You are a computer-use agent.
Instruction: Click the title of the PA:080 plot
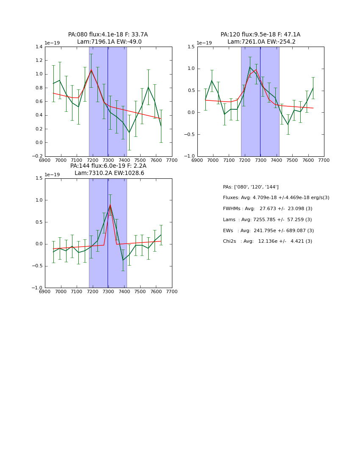108,38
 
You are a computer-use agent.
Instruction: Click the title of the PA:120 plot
260,38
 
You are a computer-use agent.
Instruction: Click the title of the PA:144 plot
108,169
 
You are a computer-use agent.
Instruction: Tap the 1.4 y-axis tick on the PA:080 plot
38,47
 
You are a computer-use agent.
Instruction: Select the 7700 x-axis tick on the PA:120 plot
324,160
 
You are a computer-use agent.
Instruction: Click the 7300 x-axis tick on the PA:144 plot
108,291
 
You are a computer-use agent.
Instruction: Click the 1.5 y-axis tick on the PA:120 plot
191,47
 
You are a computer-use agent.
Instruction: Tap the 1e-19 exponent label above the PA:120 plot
204,43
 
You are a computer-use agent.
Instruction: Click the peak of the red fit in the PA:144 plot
110,205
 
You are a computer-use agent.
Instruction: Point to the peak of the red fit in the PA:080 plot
91,70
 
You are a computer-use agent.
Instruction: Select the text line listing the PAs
251,187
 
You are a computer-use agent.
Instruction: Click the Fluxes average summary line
276,198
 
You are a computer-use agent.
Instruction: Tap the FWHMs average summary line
268,209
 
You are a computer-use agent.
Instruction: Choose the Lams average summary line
267,220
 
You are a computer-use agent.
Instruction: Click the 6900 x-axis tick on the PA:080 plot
45,160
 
